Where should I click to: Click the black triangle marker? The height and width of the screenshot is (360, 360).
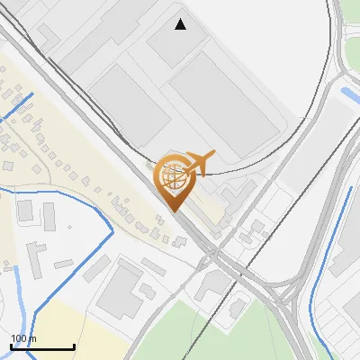pos(181,24)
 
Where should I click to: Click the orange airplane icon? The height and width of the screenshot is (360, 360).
pos(199,163)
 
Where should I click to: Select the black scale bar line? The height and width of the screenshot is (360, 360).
pos(42,346)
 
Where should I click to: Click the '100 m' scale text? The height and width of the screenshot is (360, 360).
pos(23,338)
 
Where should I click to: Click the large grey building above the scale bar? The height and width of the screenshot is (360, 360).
pos(122,288)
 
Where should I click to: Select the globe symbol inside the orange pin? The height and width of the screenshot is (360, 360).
pos(171,175)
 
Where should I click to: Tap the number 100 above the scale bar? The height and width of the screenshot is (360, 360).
pos(17,338)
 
